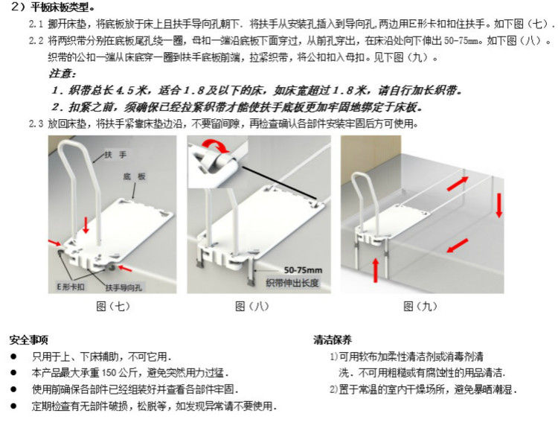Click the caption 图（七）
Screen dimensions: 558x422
click(113, 306)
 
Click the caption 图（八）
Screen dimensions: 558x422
click(252, 306)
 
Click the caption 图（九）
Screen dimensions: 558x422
click(420, 306)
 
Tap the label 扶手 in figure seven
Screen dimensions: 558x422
click(115, 155)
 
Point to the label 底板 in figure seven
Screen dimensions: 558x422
click(135, 176)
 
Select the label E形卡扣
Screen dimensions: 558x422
click(71, 287)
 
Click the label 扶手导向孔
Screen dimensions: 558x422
click(124, 288)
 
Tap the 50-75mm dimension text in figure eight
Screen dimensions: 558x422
click(303, 270)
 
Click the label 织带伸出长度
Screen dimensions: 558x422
click(292, 283)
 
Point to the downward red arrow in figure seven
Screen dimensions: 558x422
click(86, 225)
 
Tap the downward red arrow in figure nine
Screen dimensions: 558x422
click(499, 205)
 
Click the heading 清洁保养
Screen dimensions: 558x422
click(333, 339)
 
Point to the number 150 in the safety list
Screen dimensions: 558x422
click(109, 373)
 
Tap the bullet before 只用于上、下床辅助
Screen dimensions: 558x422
click(13, 357)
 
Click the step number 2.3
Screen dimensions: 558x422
click(36, 124)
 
